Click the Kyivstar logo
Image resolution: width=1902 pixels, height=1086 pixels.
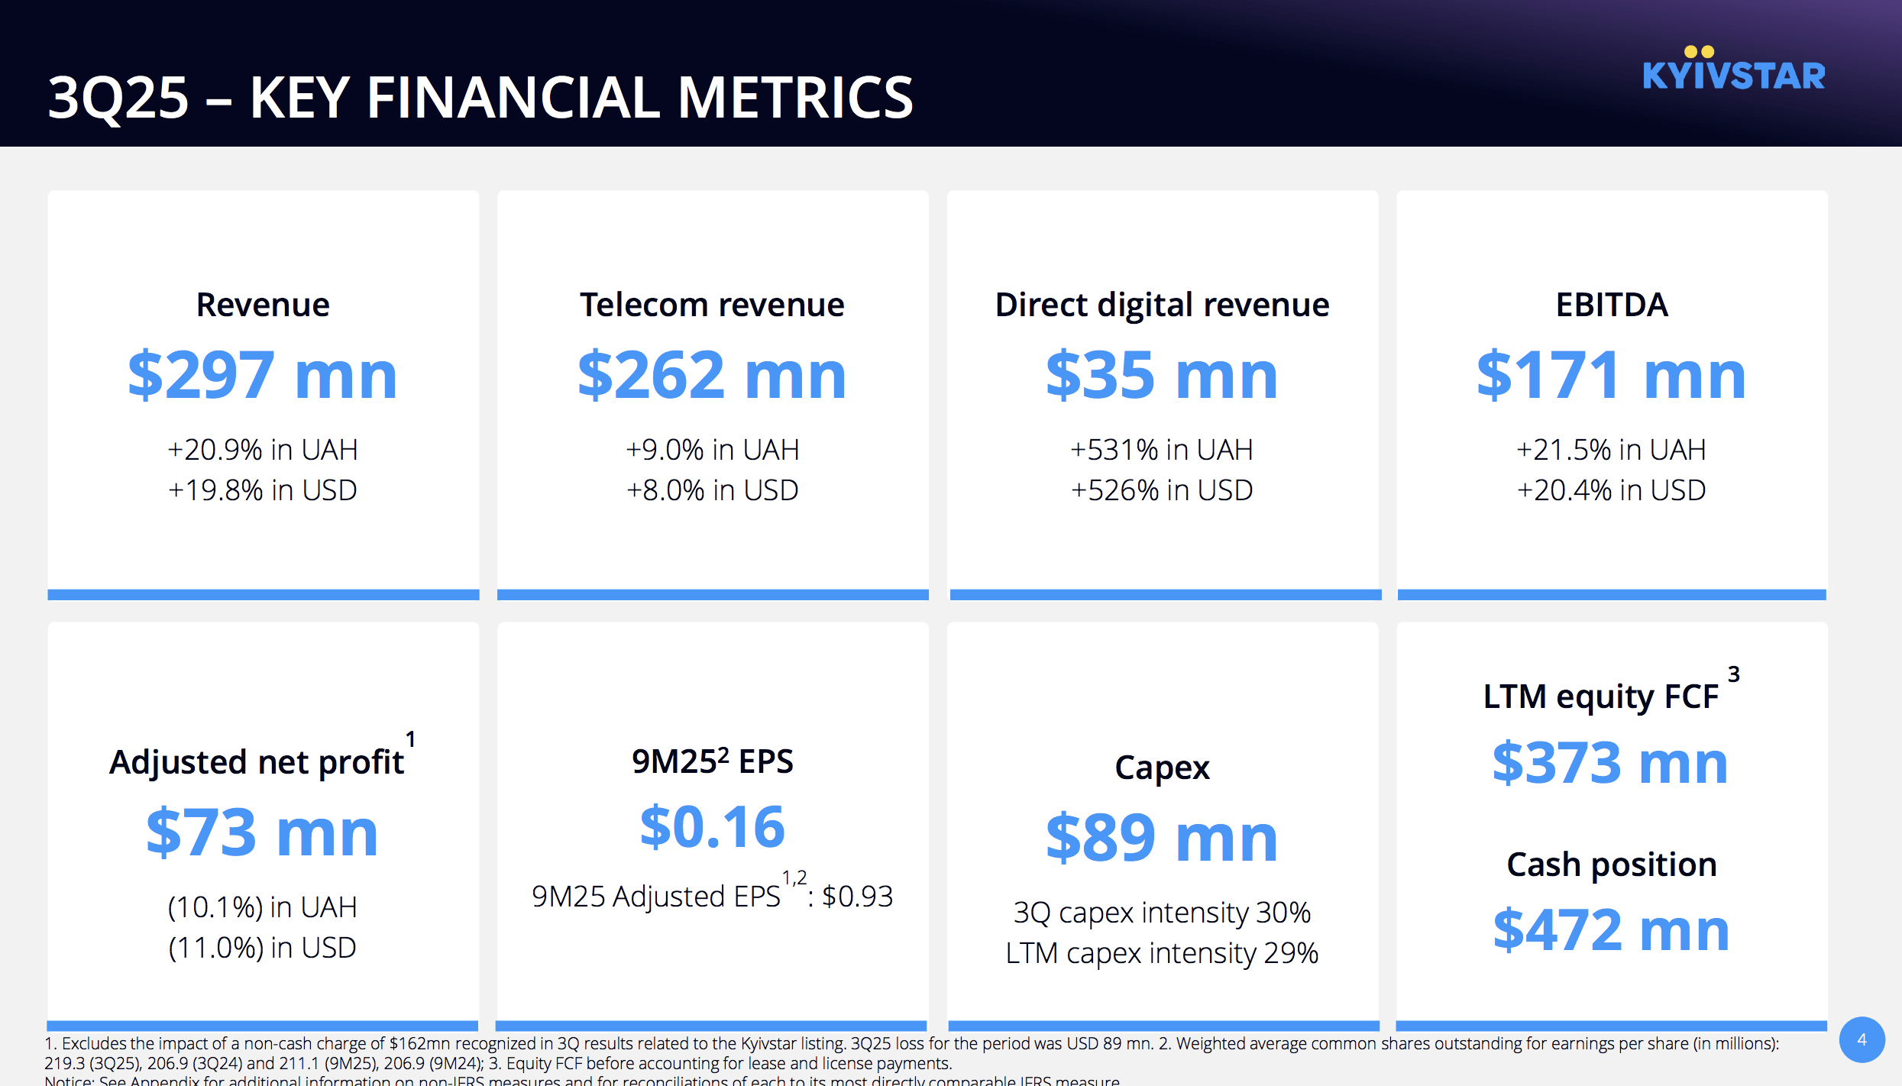pos(1733,71)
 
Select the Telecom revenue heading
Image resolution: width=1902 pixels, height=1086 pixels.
pos(712,305)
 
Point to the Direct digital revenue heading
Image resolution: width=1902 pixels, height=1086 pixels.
pos(1162,305)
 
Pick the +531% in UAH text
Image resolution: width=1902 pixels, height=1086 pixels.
pos(1162,450)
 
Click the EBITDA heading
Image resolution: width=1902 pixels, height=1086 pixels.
pos(1612,305)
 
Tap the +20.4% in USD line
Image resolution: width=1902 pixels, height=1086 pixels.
pos(1612,490)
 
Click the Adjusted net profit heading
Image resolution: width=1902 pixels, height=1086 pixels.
pos(257,762)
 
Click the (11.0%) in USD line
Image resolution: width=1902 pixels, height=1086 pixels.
pos(263,948)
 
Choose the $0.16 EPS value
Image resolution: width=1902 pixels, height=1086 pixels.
pos(712,827)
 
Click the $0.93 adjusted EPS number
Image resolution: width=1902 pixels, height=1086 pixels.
pos(858,897)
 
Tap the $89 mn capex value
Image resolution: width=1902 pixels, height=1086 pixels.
pos(1162,838)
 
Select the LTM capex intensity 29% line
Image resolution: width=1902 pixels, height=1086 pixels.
pos(1162,953)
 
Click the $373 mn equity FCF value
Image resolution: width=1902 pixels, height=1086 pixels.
pos(1610,763)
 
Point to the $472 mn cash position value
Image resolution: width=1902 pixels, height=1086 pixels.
pos(1612,929)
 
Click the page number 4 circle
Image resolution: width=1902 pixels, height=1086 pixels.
pos(1862,1039)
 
